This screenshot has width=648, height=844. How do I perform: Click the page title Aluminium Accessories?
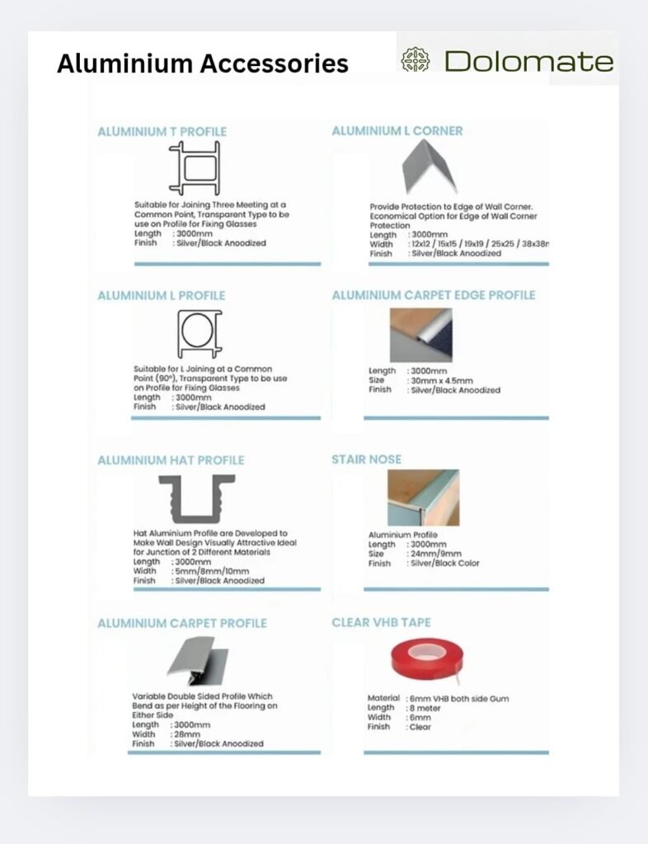click(x=202, y=63)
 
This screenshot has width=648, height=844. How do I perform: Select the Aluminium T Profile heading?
click(x=162, y=131)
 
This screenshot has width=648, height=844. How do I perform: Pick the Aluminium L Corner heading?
click(x=397, y=130)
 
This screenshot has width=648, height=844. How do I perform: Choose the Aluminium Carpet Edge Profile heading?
click(x=434, y=295)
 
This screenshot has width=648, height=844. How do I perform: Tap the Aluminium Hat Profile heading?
click(x=171, y=460)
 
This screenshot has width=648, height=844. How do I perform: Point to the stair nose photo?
click(x=423, y=498)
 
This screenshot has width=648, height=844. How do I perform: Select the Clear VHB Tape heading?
click(x=381, y=622)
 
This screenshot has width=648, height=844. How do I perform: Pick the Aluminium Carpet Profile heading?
click(x=182, y=623)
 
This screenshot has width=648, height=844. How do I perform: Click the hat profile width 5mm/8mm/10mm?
click(x=212, y=571)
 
